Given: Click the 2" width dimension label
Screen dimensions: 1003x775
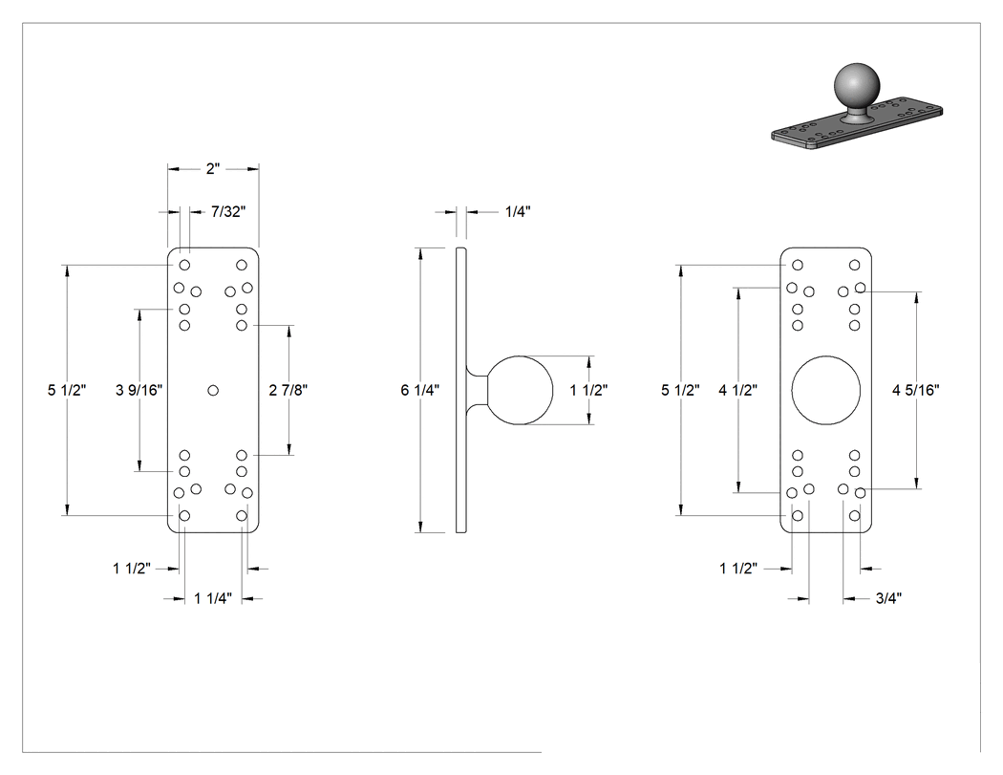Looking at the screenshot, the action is pyautogui.click(x=213, y=169).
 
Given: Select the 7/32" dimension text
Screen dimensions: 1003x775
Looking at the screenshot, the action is pyautogui.click(x=228, y=211).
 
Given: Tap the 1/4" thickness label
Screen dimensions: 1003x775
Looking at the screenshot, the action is pyautogui.click(x=518, y=211).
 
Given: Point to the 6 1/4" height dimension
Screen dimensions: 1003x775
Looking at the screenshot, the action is pyautogui.click(x=419, y=390).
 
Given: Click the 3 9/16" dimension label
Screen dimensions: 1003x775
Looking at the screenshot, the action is pyautogui.click(x=139, y=390).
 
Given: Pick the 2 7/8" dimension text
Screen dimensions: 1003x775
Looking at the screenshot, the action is pyautogui.click(x=288, y=390).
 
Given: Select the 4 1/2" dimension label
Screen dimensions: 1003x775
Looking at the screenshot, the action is pyautogui.click(x=737, y=390).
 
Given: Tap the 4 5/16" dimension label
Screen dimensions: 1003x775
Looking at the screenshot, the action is pyautogui.click(x=916, y=390).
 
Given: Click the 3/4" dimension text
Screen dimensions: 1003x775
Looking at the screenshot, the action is pyautogui.click(x=888, y=598).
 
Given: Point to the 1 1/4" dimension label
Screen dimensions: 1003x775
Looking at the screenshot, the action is pyautogui.click(x=213, y=598).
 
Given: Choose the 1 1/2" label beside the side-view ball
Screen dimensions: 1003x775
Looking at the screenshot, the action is pyautogui.click(x=588, y=390).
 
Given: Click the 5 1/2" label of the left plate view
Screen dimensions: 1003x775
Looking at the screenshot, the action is pyautogui.click(x=67, y=390).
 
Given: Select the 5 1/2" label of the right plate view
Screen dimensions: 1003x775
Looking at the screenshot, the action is pyautogui.click(x=680, y=390).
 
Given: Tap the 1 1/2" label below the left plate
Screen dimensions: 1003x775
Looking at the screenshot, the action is pyautogui.click(x=132, y=569).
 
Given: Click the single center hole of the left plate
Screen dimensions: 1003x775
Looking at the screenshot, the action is pyautogui.click(x=213, y=390).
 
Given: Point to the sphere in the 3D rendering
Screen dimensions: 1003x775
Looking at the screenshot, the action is pyautogui.click(x=857, y=86).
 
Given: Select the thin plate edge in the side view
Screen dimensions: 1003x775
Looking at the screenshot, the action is pyautogui.click(x=461, y=390).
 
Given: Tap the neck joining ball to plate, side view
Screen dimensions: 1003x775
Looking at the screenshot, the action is pyautogui.click(x=477, y=391).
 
